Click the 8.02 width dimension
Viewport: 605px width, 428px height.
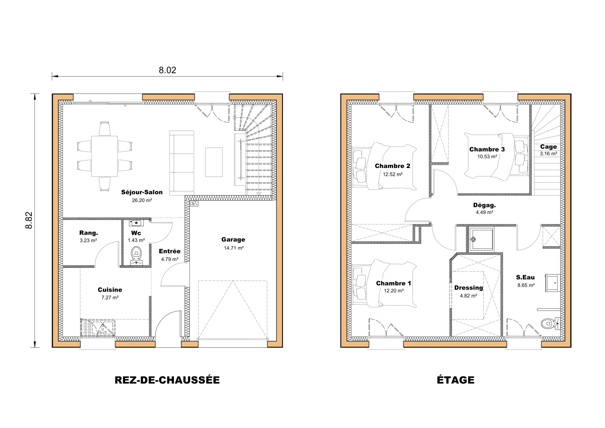click(167, 70)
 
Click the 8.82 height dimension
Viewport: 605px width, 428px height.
click(29, 220)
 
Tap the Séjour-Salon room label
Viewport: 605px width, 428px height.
click(142, 192)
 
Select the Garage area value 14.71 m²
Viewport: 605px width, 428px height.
click(234, 248)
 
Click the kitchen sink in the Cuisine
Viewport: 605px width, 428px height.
click(98, 328)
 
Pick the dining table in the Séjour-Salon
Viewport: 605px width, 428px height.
click(104, 156)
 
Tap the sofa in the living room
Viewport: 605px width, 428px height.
click(182, 163)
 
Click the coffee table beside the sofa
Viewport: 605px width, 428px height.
click(214, 162)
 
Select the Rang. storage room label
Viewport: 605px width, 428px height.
click(88, 233)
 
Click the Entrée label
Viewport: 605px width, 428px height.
click(170, 251)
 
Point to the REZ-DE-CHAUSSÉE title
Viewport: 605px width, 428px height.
click(167, 380)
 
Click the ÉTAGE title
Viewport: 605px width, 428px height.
click(456, 380)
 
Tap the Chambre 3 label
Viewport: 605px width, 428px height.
click(487, 149)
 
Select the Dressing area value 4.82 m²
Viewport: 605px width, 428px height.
click(468, 295)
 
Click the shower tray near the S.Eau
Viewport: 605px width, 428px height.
click(481, 239)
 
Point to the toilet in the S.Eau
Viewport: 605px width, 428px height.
click(549, 323)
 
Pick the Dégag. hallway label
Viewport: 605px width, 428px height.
click(484, 205)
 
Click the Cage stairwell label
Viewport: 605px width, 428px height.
click(548, 147)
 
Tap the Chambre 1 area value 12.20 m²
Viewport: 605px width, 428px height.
click(393, 291)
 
